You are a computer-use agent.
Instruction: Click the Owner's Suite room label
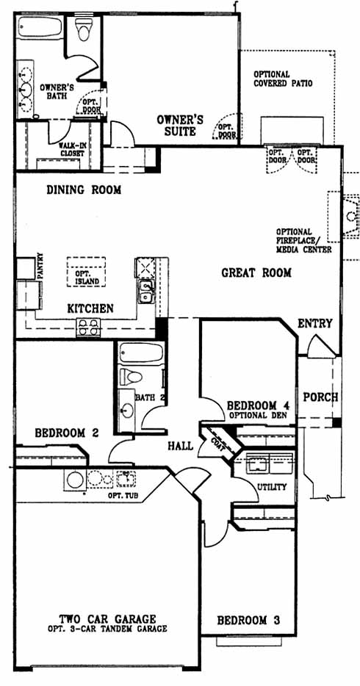(x=180, y=125)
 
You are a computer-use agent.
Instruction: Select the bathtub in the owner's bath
(x=40, y=27)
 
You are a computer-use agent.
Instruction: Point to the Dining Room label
(x=84, y=190)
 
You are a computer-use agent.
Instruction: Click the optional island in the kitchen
(x=86, y=272)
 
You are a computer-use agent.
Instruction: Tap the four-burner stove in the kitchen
(x=88, y=328)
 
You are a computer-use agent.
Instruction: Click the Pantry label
(x=40, y=266)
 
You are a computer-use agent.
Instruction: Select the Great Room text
(x=256, y=273)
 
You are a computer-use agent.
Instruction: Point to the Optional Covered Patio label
(x=283, y=79)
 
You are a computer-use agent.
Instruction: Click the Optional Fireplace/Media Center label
(x=303, y=240)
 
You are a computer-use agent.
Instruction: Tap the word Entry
(x=315, y=323)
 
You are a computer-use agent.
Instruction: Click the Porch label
(x=320, y=397)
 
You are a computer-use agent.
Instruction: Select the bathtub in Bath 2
(x=141, y=353)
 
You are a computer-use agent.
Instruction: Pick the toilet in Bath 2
(x=132, y=376)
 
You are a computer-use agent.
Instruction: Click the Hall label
(x=181, y=447)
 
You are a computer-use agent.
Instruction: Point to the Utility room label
(x=272, y=487)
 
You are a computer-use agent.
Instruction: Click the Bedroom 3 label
(x=248, y=620)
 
